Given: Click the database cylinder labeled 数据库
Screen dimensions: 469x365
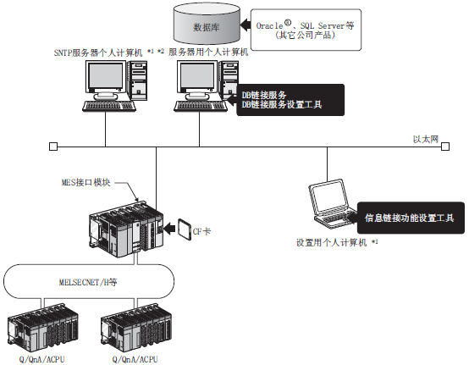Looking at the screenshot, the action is (x=207, y=24).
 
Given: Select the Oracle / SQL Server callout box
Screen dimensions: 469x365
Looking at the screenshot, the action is (x=306, y=30).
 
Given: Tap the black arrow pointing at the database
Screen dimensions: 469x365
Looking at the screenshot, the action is (x=246, y=25).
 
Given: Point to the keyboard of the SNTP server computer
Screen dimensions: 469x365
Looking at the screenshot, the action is (x=109, y=106).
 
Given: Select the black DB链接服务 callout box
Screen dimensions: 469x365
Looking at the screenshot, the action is (x=290, y=100).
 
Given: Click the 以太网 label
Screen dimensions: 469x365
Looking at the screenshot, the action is (x=425, y=139).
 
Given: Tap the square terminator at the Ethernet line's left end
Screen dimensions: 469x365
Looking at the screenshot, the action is (x=53, y=147).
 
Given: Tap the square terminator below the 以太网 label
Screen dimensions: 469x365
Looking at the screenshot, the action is (x=445, y=147).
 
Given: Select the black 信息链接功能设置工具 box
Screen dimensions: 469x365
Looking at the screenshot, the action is (x=411, y=218).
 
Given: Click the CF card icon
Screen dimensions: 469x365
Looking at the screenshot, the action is (x=184, y=229).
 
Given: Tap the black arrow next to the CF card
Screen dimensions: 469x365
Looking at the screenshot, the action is (x=170, y=229).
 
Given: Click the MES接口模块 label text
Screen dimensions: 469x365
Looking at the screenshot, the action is (x=86, y=182).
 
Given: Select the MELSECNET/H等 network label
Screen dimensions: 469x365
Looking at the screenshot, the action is (x=88, y=282).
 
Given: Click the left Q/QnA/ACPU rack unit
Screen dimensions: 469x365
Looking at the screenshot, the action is (x=42, y=328).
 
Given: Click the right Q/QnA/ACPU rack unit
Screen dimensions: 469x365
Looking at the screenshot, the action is (x=136, y=328).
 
